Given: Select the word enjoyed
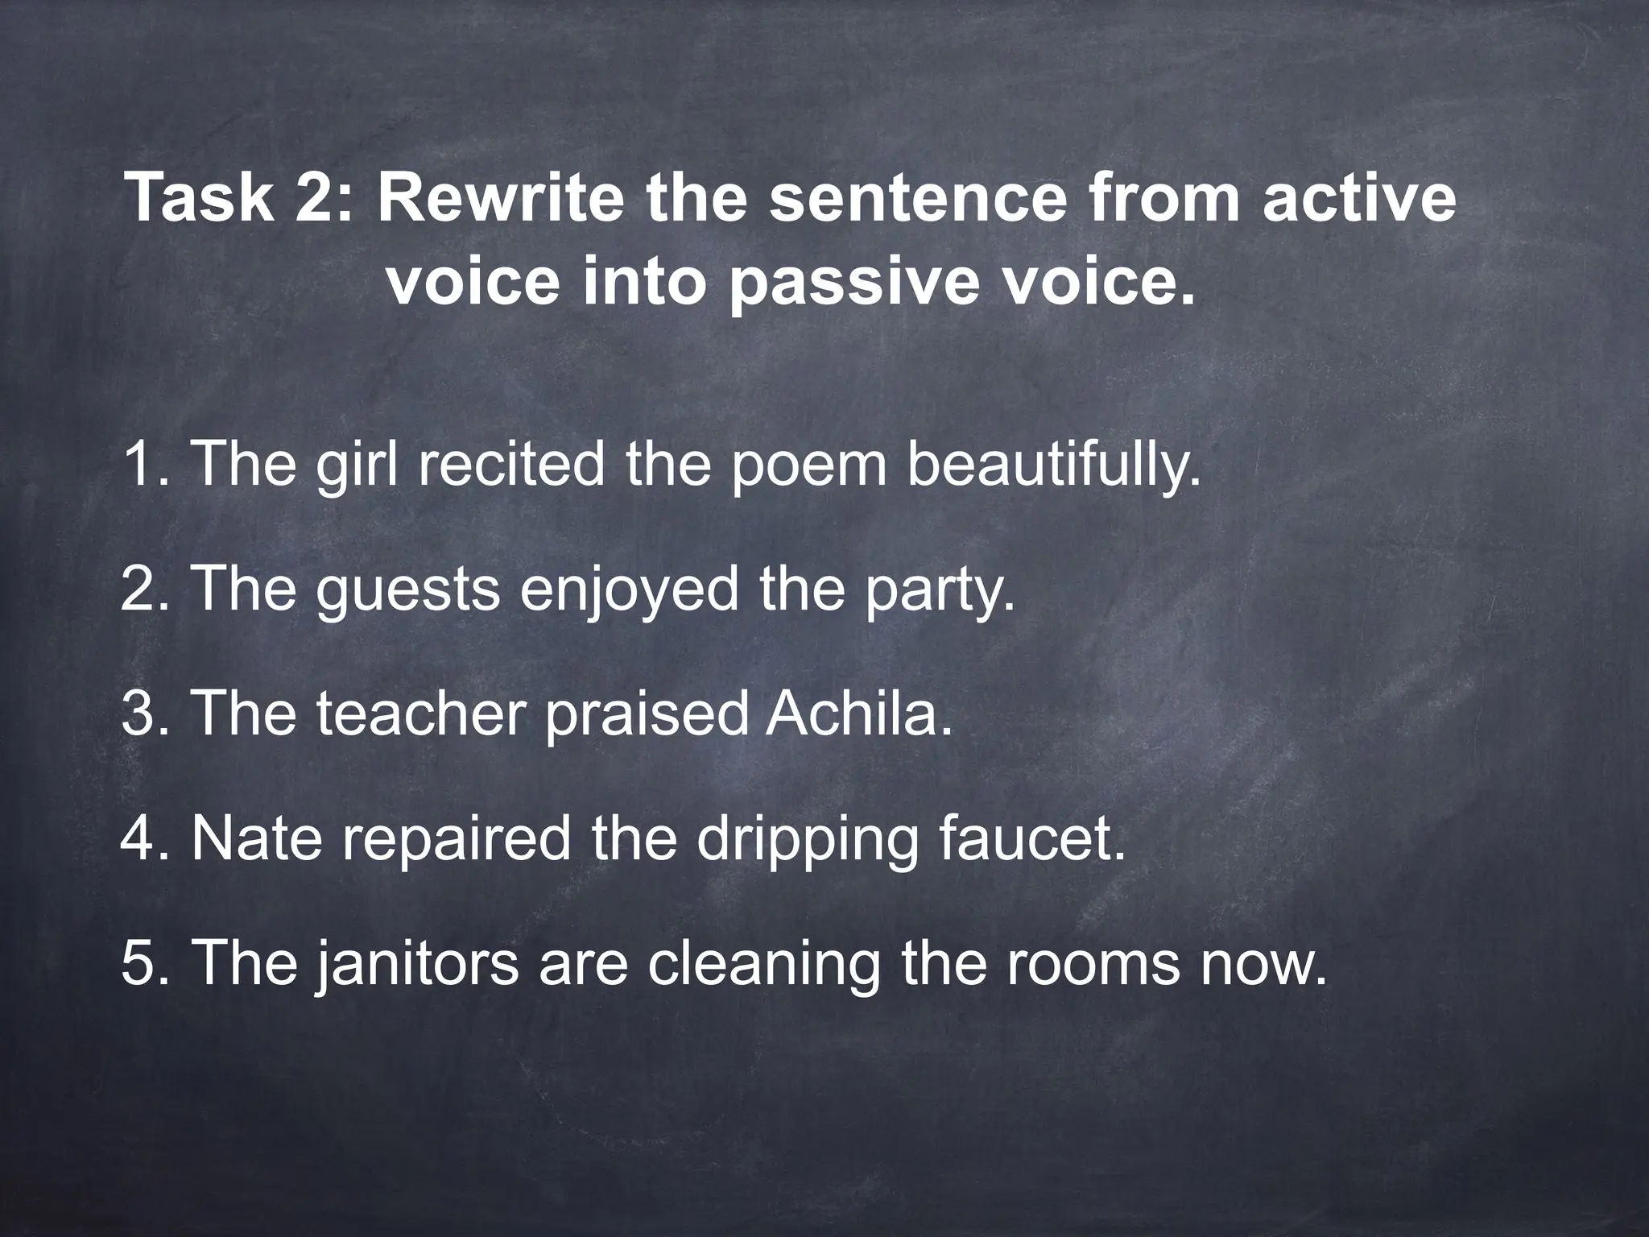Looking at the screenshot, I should coord(629,590).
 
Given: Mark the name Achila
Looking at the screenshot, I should coord(858,714).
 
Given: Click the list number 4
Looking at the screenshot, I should coord(137,838).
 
